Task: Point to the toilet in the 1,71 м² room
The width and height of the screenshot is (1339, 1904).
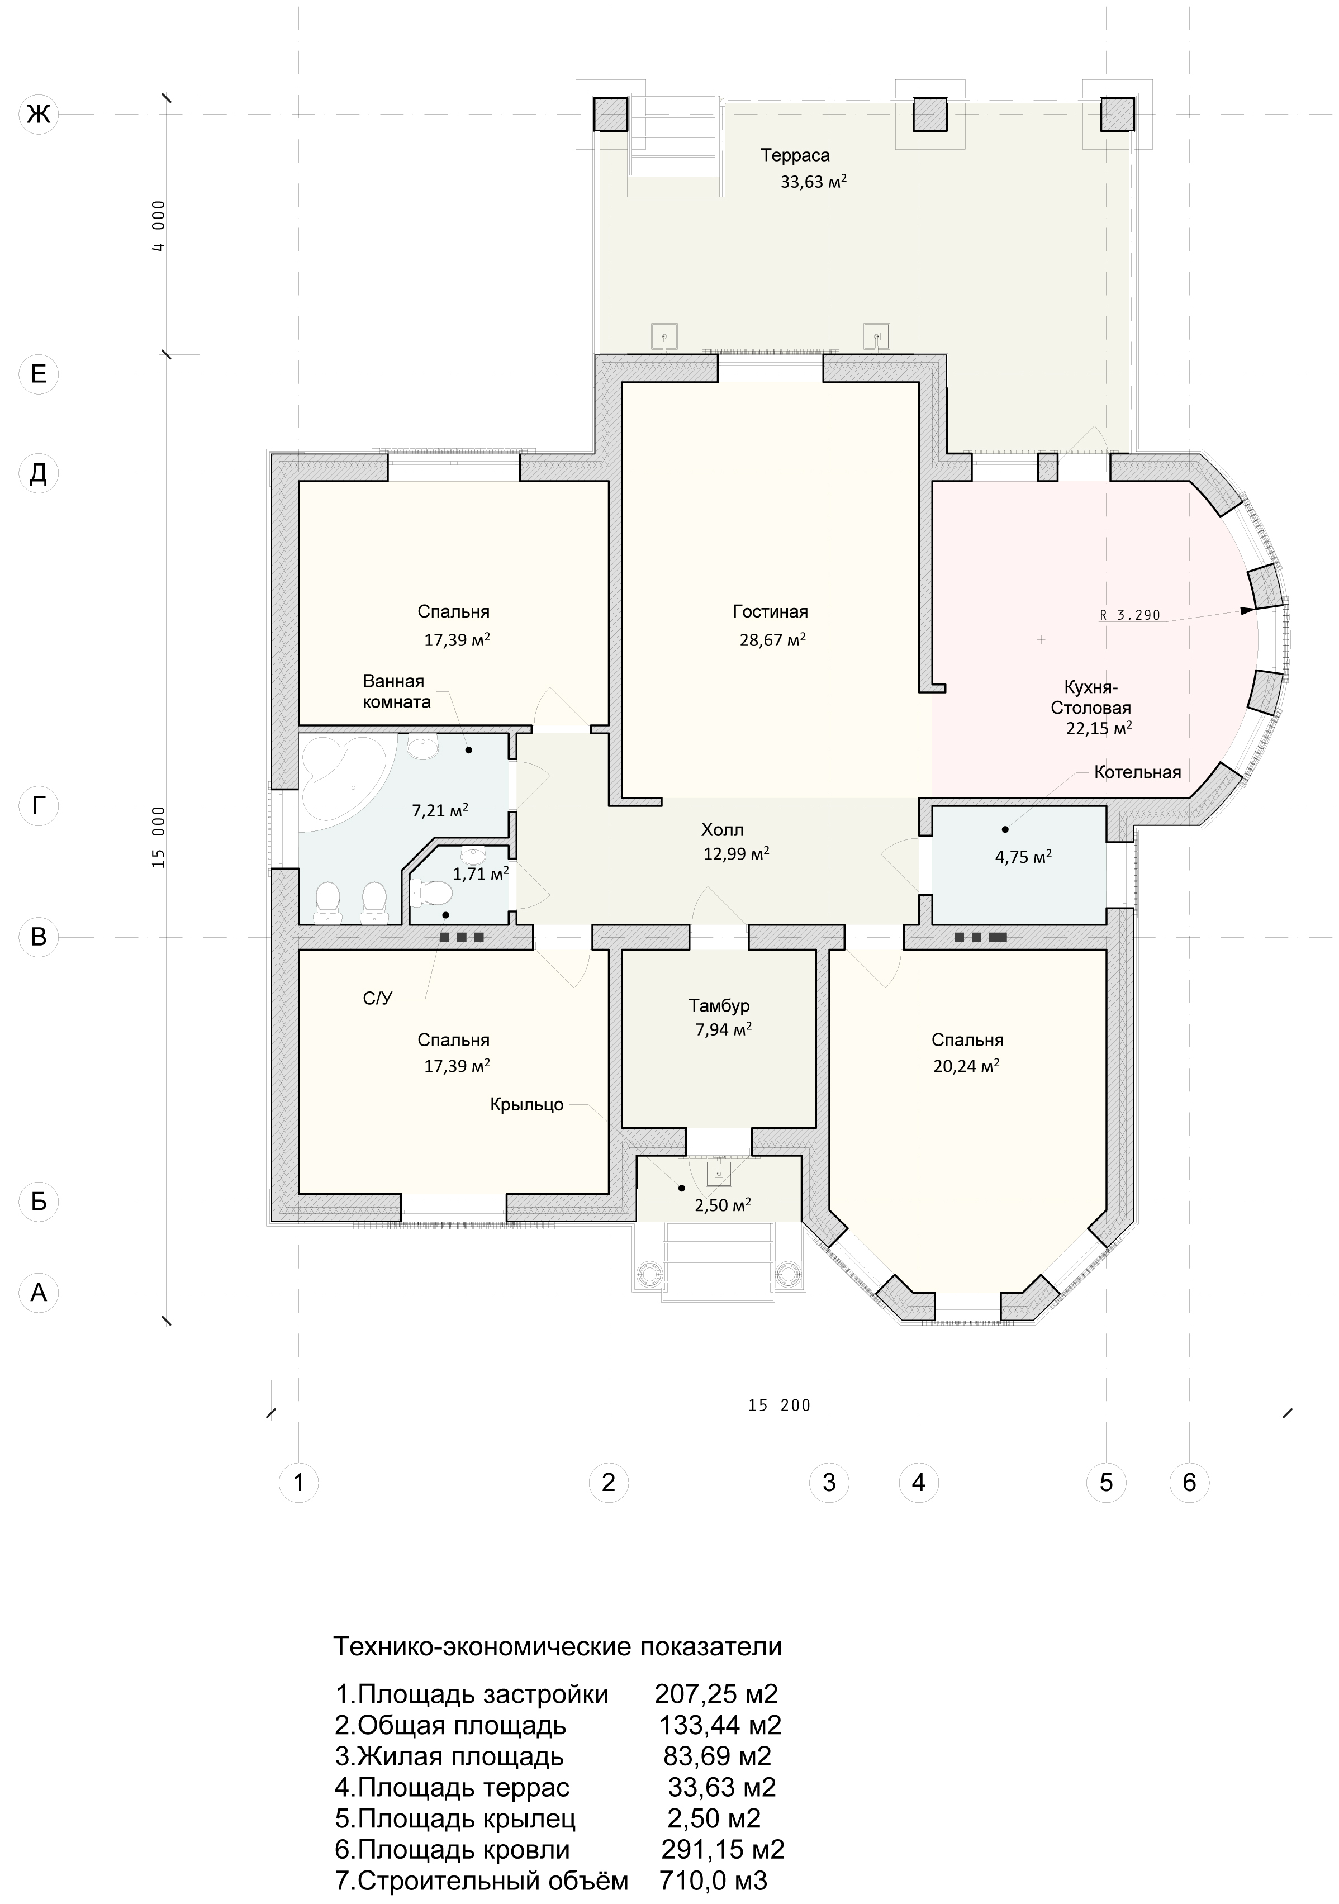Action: click(432, 893)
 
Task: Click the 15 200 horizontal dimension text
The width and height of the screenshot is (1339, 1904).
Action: click(778, 1405)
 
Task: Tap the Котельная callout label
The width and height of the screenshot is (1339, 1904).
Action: click(1137, 773)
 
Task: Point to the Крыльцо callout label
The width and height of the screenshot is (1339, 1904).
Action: click(526, 1105)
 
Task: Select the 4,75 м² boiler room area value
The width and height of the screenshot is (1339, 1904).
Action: click(1023, 857)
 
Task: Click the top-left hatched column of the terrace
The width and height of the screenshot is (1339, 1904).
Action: click(610, 113)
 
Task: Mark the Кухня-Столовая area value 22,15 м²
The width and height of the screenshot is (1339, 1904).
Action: click(1099, 728)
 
